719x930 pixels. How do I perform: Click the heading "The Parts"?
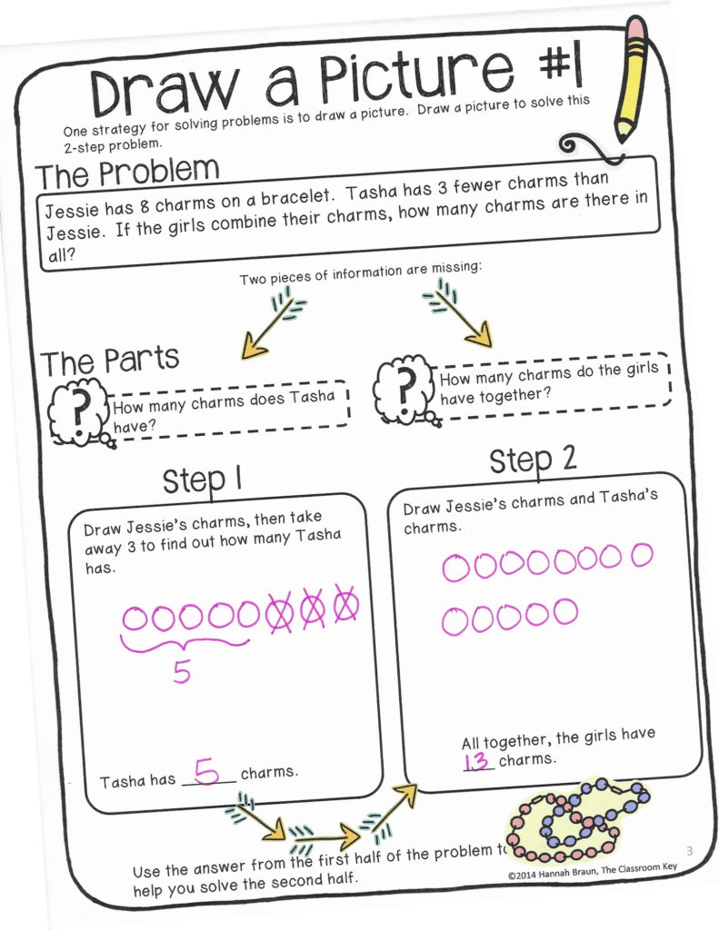(x=109, y=361)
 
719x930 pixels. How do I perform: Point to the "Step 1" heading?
(x=201, y=480)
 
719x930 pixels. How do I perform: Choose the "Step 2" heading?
(x=533, y=460)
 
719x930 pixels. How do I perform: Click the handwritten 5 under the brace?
(x=182, y=673)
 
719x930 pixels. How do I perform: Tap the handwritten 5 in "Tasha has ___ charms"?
(x=207, y=772)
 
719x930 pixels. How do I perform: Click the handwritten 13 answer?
(x=477, y=761)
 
